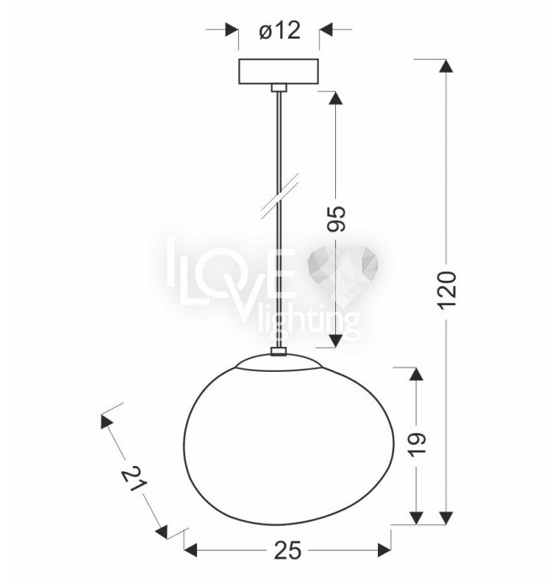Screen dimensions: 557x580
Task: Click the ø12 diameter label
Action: tap(279, 30)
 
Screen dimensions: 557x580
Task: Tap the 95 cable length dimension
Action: tap(337, 218)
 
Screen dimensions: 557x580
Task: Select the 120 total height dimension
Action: tap(446, 290)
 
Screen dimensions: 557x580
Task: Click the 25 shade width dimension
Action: tap(288, 551)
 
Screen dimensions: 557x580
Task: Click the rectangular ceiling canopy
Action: tap(278, 71)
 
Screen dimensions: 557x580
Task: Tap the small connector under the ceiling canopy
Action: tap(279, 87)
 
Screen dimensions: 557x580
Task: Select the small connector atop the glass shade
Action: tap(279, 351)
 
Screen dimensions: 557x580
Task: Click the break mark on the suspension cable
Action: tap(280, 196)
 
